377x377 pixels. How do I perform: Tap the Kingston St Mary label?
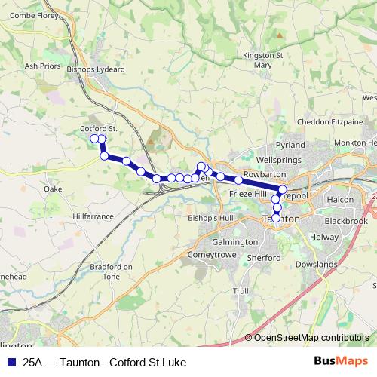pos(263,60)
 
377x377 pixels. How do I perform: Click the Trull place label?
pos(241,290)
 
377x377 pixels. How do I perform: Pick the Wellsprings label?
pos(278,160)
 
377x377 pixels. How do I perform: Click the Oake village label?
pos(53,188)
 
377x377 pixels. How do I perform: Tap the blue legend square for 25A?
pos(11,362)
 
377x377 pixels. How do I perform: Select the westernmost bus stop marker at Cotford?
pos(95,139)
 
